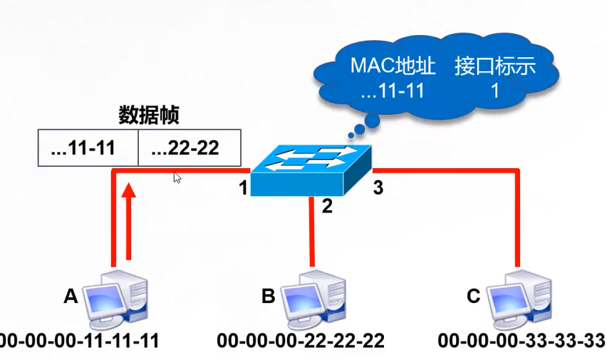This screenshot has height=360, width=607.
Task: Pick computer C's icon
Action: pyautogui.click(x=518, y=297)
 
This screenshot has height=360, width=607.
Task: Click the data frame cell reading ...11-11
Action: pyautogui.click(x=86, y=148)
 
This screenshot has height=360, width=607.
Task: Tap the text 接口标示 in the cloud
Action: pyautogui.click(x=494, y=67)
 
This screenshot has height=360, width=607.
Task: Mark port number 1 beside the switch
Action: pyautogui.click(x=243, y=190)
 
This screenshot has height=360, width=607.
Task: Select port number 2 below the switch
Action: pyautogui.click(x=327, y=207)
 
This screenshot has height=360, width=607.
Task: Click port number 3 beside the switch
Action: pyautogui.click(x=378, y=189)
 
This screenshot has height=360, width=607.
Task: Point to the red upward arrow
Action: pyautogui.click(x=129, y=221)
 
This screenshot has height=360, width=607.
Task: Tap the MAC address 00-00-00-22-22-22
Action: pyautogui.click(x=301, y=341)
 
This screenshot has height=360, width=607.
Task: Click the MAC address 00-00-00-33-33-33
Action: pyautogui.click(x=522, y=341)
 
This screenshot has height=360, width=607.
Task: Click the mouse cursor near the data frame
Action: pyautogui.click(x=177, y=178)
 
